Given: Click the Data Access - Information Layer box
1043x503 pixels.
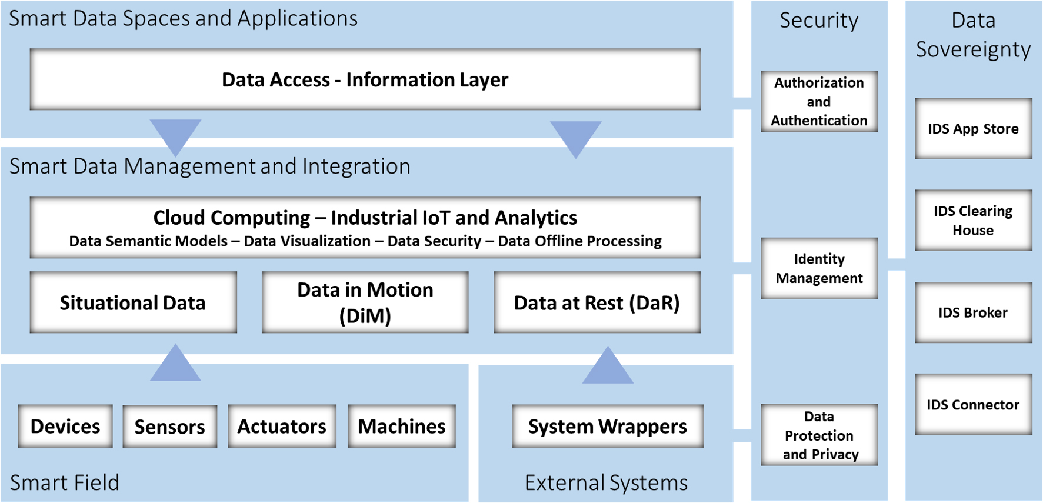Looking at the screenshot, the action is click(365, 79).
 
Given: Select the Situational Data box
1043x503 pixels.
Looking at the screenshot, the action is click(134, 302).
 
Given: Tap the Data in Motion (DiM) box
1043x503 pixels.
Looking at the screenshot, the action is click(365, 302).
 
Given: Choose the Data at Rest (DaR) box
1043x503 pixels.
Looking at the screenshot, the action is click(597, 302).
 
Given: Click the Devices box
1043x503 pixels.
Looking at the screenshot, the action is click(65, 426).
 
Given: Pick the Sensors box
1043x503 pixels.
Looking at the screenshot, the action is click(170, 426).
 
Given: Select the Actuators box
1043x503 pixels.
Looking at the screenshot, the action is click(282, 426).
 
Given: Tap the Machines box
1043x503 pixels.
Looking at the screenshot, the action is click(402, 426).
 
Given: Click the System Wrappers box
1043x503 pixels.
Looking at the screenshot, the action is click(608, 426).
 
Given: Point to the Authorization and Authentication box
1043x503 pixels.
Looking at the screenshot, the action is click(819, 101).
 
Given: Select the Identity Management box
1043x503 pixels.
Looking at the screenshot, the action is click(819, 268).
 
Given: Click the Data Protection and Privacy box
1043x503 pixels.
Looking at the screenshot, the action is click(819, 435).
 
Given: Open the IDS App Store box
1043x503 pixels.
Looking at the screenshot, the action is click(974, 129).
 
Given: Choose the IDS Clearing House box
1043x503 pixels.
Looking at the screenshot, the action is click(974, 220).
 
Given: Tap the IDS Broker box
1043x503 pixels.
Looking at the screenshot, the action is click(974, 312).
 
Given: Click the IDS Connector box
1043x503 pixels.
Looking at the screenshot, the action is click(974, 404).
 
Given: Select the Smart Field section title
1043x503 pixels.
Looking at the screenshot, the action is click(65, 482).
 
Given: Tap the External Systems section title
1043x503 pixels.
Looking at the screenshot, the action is click(607, 482).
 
